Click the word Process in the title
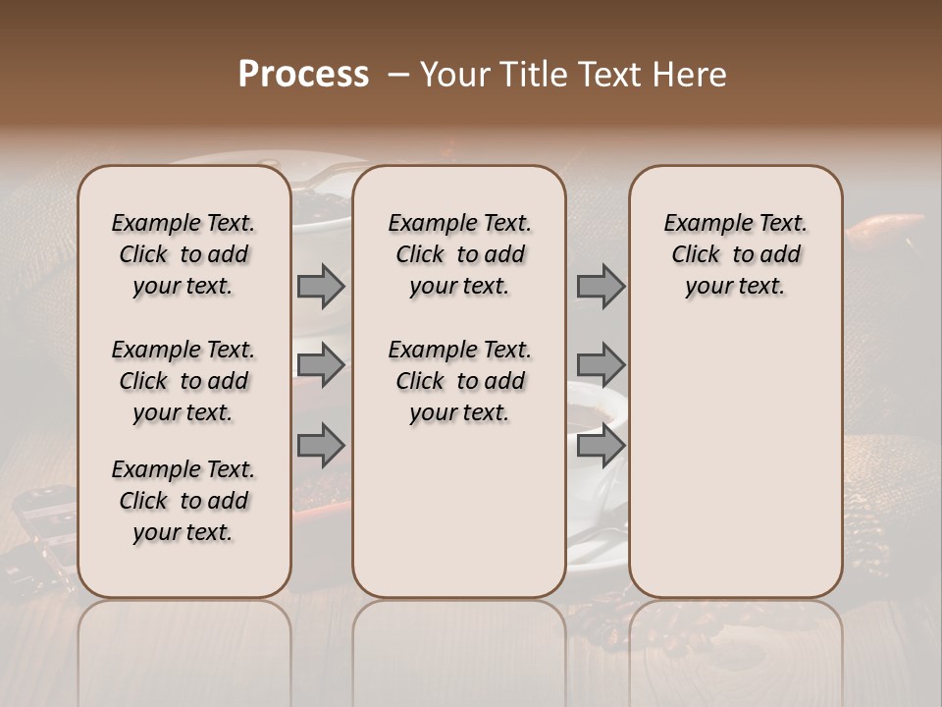click(303, 75)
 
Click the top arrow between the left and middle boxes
click(321, 287)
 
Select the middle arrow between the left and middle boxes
click(321, 365)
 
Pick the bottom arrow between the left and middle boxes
click(321, 445)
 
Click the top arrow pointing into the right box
click(601, 287)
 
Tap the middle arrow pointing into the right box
click(601, 365)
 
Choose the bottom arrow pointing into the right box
click(601, 445)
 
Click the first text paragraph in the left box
click(183, 254)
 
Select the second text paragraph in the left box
click(183, 381)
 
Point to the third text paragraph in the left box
click(183, 501)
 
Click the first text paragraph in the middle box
click(459, 254)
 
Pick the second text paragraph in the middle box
click(459, 381)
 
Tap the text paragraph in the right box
click(735, 254)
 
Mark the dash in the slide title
click(398, 75)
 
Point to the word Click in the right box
click(696, 255)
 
